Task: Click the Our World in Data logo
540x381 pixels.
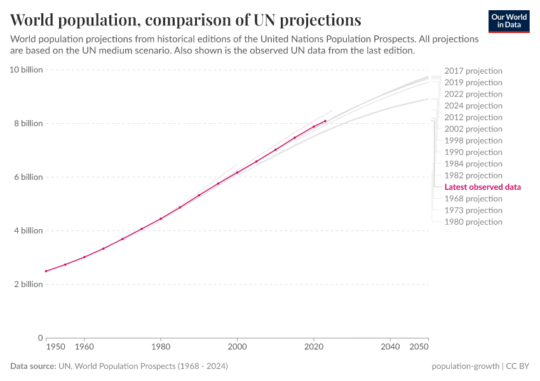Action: coord(508,21)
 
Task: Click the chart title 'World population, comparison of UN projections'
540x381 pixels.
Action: coord(186,19)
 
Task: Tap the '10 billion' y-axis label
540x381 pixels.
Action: coord(26,70)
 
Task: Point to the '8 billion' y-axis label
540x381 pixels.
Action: coord(28,123)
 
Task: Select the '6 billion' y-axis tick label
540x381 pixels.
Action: coord(28,177)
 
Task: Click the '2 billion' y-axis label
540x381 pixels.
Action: coord(28,284)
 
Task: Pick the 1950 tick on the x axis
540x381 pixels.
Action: coord(55,347)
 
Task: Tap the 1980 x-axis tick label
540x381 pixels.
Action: coord(161,347)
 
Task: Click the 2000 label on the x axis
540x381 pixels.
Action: coord(237,347)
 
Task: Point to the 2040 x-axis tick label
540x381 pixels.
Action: coord(390,347)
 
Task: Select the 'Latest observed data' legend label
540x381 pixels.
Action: coord(482,187)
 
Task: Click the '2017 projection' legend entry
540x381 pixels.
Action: coord(473,71)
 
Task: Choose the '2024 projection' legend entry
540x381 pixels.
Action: coord(473,105)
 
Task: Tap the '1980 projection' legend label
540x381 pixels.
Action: coord(473,222)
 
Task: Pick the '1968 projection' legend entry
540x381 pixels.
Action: coord(473,199)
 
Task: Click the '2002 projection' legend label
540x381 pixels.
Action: coord(473,129)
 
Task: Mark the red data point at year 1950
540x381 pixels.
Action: coord(46,271)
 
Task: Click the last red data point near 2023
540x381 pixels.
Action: coord(325,121)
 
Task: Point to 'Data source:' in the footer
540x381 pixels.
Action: coord(32,366)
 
